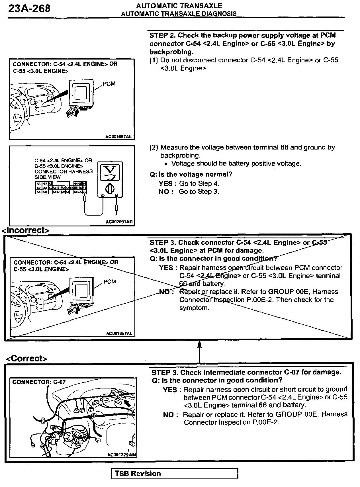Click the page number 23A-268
[x=30, y=9]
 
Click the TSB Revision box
[x=174, y=474]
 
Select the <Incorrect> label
[x=26, y=230]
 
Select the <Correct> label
[x=26, y=358]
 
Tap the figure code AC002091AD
[x=119, y=222]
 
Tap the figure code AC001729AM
[x=122, y=455]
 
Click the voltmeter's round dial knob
[x=110, y=188]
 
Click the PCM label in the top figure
[x=109, y=84]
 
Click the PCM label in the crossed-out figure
[x=110, y=282]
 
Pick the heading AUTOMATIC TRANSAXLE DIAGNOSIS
[x=179, y=14]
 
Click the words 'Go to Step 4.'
[x=199, y=183]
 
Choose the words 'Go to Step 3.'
[x=199, y=192]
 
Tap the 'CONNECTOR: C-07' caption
[x=39, y=382]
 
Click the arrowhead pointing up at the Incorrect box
[x=199, y=345]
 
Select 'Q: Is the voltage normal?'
[x=191, y=174]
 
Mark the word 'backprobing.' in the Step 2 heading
[x=171, y=52]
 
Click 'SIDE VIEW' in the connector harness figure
[x=48, y=177]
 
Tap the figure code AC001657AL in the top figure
[x=119, y=137]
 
